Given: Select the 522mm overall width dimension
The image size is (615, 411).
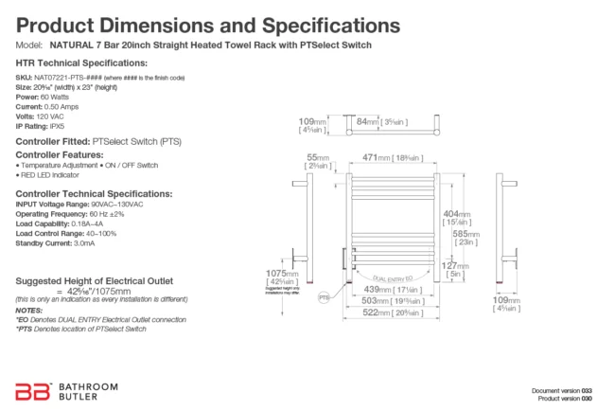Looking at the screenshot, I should pos(392,313).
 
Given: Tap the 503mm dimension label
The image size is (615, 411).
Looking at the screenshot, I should pos(392,300).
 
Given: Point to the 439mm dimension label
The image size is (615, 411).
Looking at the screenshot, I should pos(392,288).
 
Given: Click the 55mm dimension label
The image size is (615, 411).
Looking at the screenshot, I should pos(318,162).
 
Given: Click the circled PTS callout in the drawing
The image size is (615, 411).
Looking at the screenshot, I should pos(324,296).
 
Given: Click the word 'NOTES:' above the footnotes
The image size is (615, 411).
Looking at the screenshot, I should pos(29,311).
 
